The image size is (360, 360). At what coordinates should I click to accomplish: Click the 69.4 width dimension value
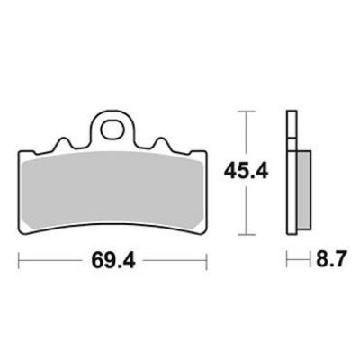[x=113, y=260]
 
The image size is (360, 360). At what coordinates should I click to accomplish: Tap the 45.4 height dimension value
[x=246, y=172]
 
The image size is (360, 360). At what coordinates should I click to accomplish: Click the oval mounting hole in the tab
[x=112, y=130]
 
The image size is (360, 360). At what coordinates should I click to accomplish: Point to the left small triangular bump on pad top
[x=64, y=144]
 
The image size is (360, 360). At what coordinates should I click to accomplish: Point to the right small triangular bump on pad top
[x=162, y=144]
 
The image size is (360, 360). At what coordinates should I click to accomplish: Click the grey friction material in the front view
[x=112, y=191]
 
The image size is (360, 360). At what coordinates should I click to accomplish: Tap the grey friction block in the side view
[x=304, y=190]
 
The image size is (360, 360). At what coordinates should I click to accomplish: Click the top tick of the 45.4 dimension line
[x=247, y=112]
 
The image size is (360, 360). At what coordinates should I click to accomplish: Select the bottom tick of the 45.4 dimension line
[x=247, y=234]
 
